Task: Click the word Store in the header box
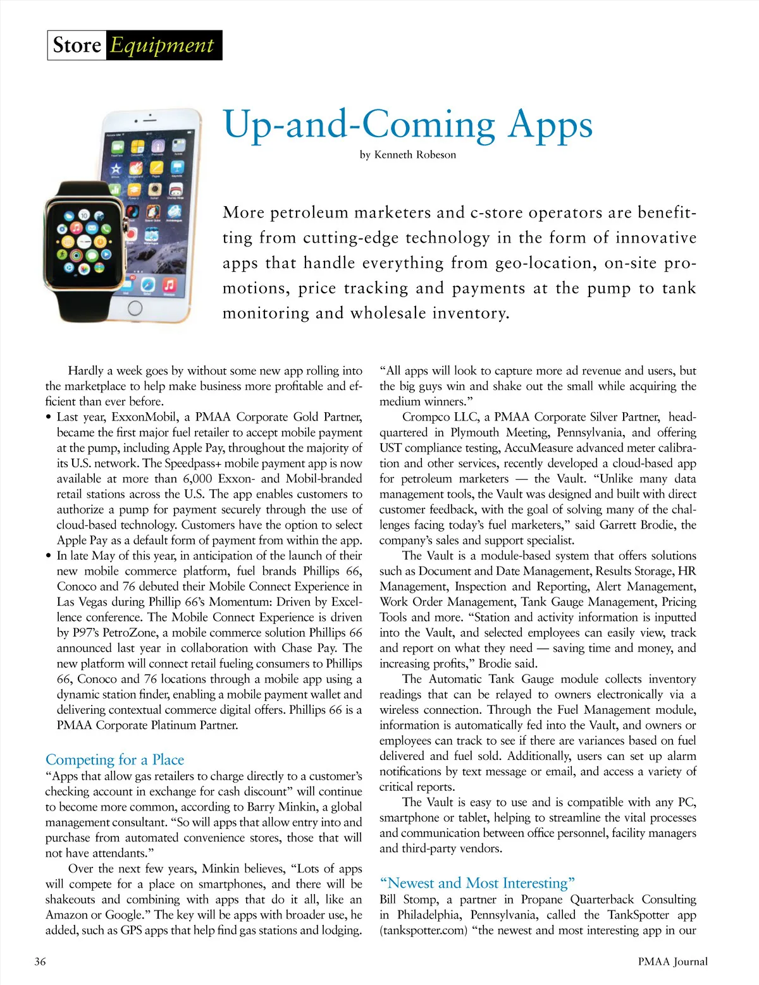click(77, 46)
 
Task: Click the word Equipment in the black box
click(163, 46)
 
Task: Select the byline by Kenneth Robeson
click(408, 155)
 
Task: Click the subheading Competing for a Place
click(114, 760)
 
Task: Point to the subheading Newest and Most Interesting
click(477, 883)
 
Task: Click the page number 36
click(40, 962)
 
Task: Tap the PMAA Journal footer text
click(672, 962)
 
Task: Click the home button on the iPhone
click(135, 308)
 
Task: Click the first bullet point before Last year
click(49, 417)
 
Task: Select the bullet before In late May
click(49, 556)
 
